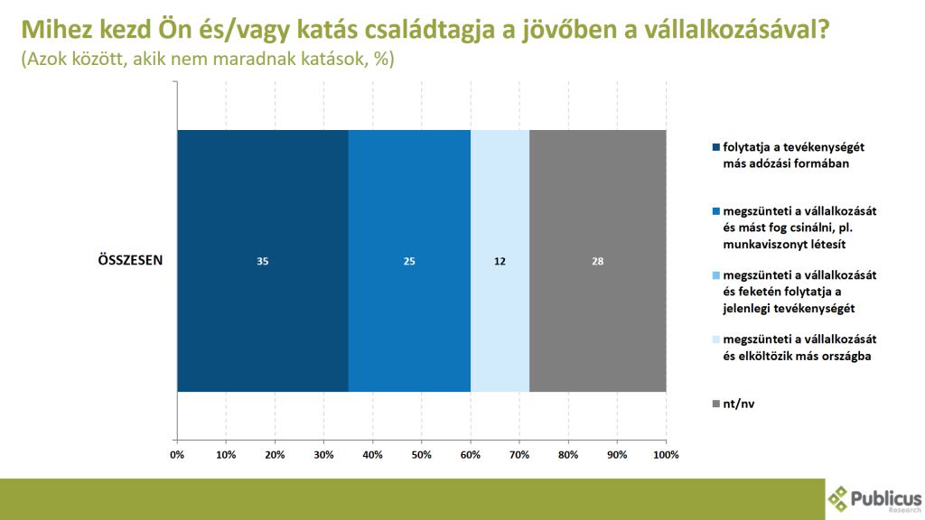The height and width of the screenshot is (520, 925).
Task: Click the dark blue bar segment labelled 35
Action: coord(263,261)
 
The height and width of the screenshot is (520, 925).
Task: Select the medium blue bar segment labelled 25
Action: coord(409,261)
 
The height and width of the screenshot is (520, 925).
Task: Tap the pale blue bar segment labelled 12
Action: coord(500,261)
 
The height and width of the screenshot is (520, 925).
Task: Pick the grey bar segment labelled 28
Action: coord(598,261)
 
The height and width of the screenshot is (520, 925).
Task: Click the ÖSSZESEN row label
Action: coord(130,260)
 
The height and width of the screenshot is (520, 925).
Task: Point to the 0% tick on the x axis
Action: coord(177,455)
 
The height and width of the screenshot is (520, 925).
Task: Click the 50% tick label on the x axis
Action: coord(421,455)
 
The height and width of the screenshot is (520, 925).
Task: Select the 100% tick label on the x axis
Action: coord(666,455)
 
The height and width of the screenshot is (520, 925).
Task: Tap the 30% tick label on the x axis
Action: coord(323,455)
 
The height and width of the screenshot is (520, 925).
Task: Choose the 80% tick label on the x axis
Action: coord(568,455)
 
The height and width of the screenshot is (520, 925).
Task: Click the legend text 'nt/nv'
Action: coord(739,404)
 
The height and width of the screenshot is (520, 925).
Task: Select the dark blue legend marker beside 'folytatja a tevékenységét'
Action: coord(716,147)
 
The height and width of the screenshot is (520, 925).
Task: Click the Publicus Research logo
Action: coord(874,500)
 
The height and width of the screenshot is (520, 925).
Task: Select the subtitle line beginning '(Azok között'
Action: coord(208,59)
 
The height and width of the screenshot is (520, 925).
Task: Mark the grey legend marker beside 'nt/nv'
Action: coord(716,404)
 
